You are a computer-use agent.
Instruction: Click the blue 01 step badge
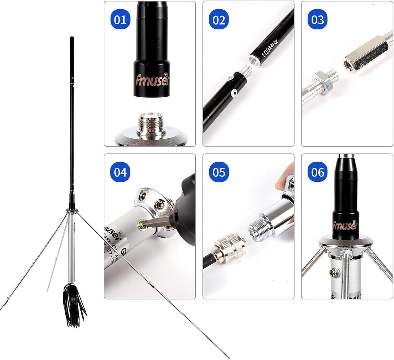pos(120,20)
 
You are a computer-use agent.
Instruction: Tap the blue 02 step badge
pos(219,20)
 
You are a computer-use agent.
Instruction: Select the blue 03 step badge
pos(317,20)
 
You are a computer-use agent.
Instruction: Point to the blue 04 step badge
pos(120,173)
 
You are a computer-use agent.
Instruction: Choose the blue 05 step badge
pos(219,173)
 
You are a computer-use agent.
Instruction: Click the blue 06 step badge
pos(317,173)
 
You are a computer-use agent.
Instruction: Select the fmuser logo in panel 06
pos(345,225)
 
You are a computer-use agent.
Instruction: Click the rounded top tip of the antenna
pos(72,39)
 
